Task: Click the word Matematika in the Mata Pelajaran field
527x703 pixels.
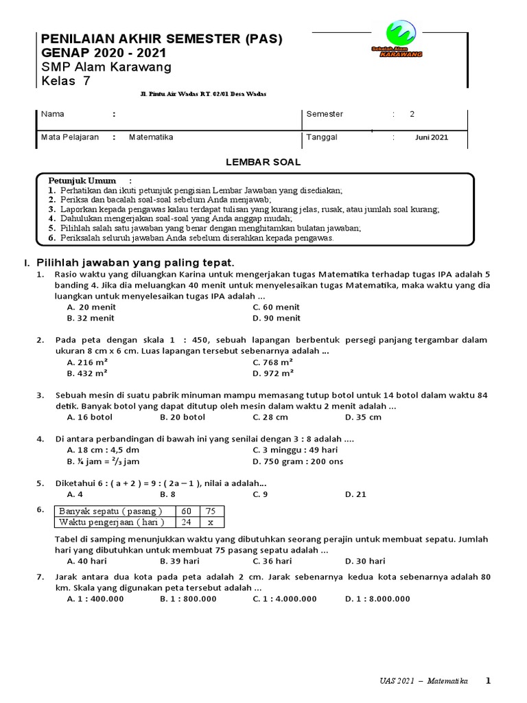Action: click(151, 137)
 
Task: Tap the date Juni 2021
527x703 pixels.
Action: click(431, 137)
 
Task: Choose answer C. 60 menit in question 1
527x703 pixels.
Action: click(277, 308)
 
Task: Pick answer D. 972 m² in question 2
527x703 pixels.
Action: click(273, 373)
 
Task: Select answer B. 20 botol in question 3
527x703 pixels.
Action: click(183, 417)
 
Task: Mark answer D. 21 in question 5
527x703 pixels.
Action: click(356, 494)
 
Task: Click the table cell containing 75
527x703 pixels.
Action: click(211, 511)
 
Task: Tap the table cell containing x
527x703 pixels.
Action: click(211, 522)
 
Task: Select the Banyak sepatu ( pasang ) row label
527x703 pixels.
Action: click(110, 511)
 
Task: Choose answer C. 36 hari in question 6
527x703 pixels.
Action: click(274, 561)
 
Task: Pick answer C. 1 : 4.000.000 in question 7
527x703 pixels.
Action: click(285, 599)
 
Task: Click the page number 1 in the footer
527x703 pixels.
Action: click(488, 681)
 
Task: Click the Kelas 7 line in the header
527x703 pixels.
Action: click(65, 81)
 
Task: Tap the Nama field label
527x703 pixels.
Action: click(51, 114)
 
